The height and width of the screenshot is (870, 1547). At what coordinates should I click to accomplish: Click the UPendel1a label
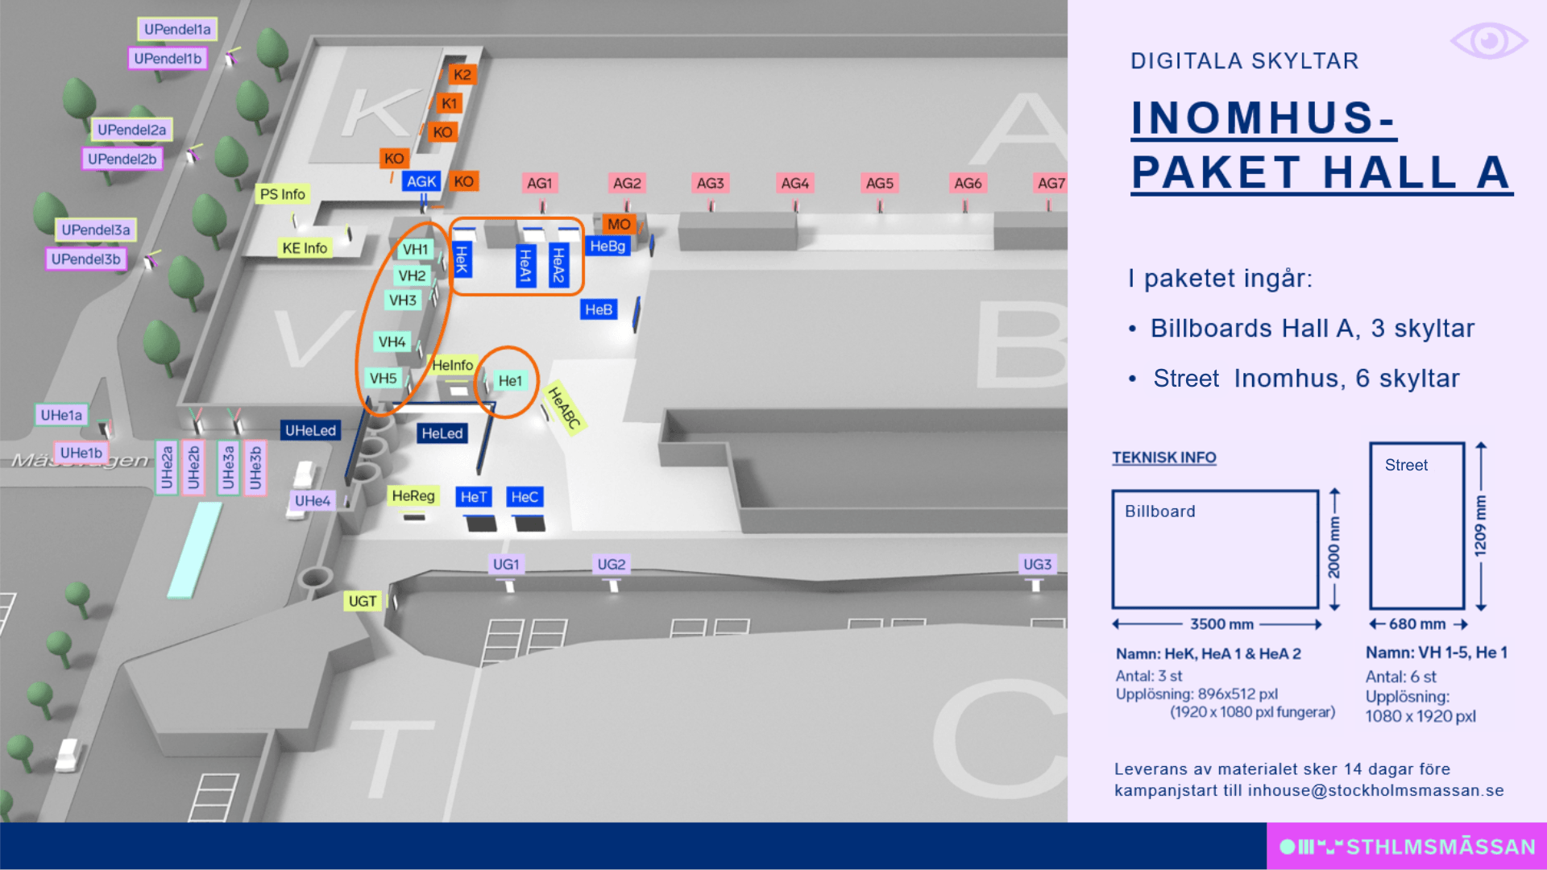click(x=177, y=30)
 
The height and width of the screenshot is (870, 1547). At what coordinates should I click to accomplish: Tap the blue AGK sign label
click(x=421, y=182)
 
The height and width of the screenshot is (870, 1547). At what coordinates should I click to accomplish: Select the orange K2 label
click(x=462, y=75)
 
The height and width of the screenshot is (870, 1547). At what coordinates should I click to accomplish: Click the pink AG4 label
click(x=795, y=184)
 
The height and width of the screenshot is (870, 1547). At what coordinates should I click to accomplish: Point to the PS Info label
click(x=283, y=194)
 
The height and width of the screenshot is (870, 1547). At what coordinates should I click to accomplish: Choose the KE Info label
click(x=305, y=248)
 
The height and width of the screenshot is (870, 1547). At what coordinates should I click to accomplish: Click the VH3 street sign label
click(x=403, y=300)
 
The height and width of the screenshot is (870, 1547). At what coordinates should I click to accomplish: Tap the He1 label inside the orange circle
click(x=510, y=381)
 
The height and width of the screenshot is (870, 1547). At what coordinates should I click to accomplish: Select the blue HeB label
click(x=599, y=309)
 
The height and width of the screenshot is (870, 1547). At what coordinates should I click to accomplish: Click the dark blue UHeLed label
click(x=310, y=431)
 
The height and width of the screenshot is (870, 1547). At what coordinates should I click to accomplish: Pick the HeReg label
click(x=413, y=496)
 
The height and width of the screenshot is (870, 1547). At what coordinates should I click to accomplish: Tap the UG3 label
click(x=1038, y=565)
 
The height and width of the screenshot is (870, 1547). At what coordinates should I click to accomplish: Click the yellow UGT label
click(x=363, y=602)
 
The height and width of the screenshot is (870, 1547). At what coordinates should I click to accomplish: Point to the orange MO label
click(x=619, y=225)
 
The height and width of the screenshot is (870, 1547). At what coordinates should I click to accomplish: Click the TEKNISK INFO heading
click(x=1164, y=458)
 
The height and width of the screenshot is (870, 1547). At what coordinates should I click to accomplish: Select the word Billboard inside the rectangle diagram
click(x=1160, y=512)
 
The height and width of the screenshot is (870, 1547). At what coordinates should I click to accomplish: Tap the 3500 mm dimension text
click(x=1222, y=624)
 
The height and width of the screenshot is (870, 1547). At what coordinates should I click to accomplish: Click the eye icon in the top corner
click(x=1489, y=40)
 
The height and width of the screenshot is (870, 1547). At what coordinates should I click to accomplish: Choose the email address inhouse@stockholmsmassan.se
click(x=1376, y=791)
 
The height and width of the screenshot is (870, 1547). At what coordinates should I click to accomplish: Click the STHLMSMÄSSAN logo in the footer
click(x=1408, y=847)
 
